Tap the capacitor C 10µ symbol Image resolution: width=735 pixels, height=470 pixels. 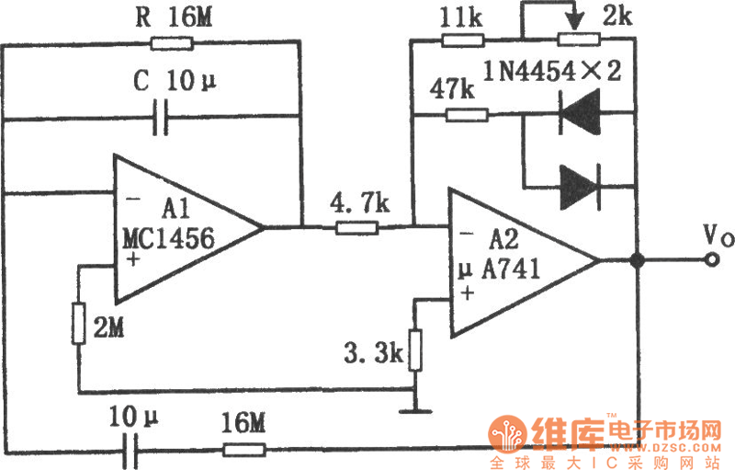164,117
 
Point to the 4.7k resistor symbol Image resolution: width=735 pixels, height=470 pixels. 356,226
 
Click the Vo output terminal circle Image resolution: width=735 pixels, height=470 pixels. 711,261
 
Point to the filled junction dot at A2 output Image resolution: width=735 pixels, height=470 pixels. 636,261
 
